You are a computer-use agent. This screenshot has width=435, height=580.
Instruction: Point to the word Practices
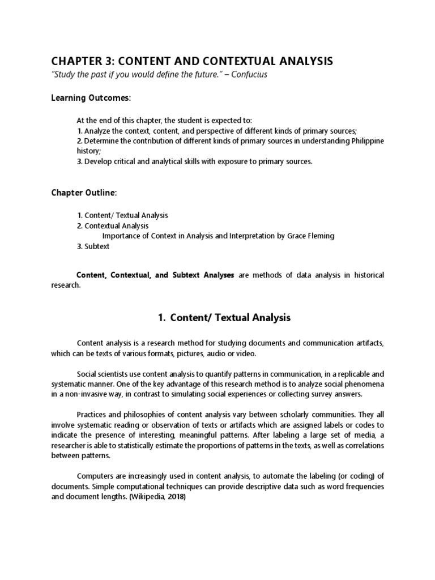point(93,415)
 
